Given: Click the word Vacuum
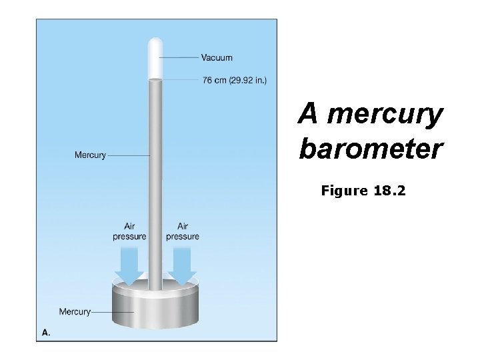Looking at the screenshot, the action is [217, 58].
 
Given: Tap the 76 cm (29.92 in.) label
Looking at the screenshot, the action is [234, 81].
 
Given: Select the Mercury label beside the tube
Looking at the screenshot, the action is [90, 155].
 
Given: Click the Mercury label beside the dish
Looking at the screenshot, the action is [75, 311].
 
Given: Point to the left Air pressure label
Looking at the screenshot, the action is [129, 231].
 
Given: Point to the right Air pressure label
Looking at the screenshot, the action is [182, 231].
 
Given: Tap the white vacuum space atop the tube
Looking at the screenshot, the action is [155, 60].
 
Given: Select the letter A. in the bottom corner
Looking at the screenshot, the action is [46, 331].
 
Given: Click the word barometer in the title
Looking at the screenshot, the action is [371, 149].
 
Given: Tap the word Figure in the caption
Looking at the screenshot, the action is [344, 191].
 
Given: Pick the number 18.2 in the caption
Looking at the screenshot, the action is [389, 191].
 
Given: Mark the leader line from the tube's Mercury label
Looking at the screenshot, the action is [129, 155].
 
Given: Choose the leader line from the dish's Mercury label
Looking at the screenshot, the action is [112, 311].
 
